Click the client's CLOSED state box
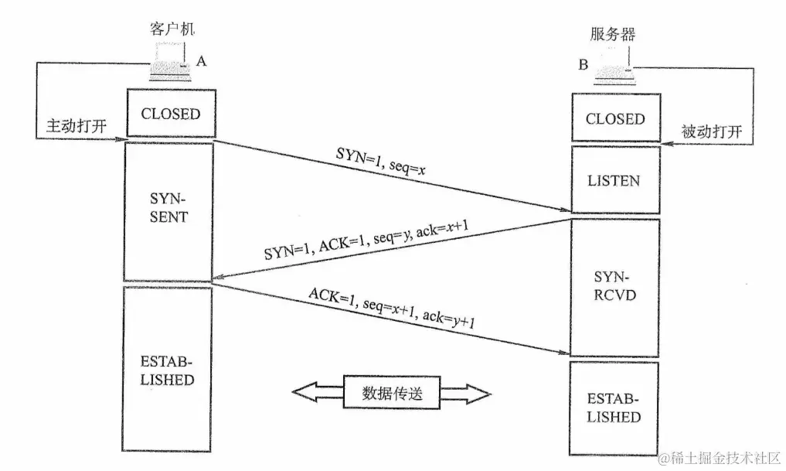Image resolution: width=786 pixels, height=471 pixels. pyautogui.click(x=169, y=114)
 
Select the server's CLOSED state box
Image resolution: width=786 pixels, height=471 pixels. pyautogui.click(x=614, y=119)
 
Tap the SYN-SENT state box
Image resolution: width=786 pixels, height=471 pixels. pyautogui.click(x=168, y=210)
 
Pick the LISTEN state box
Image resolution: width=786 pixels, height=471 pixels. pyautogui.click(x=614, y=181)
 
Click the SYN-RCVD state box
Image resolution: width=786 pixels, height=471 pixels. pyautogui.click(x=615, y=285)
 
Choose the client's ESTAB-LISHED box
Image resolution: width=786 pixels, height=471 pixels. pyautogui.click(x=168, y=370)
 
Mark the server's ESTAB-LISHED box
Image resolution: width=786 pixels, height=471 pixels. pyautogui.click(x=614, y=408)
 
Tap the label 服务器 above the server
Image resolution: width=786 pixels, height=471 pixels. pyautogui.click(x=614, y=35)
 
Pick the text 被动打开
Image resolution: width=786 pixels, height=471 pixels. pyautogui.click(x=711, y=131)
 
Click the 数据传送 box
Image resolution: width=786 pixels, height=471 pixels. pyautogui.click(x=393, y=393)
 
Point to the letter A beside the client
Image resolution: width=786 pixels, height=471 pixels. pyautogui.click(x=202, y=61)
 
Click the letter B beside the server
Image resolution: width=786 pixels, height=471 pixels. pyautogui.click(x=584, y=65)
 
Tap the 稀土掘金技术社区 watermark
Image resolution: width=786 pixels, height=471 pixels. pyautogui.click(x=720, y=457)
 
